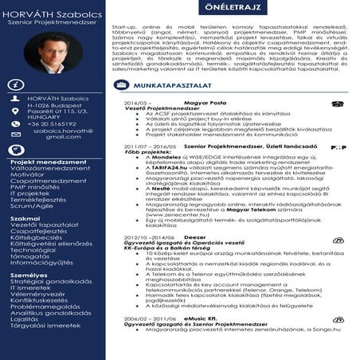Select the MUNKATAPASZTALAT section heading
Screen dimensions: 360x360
[x=188, y=84]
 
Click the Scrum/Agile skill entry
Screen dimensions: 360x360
[x=31, y=205]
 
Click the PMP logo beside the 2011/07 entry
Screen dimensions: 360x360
[x=338, y=147]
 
